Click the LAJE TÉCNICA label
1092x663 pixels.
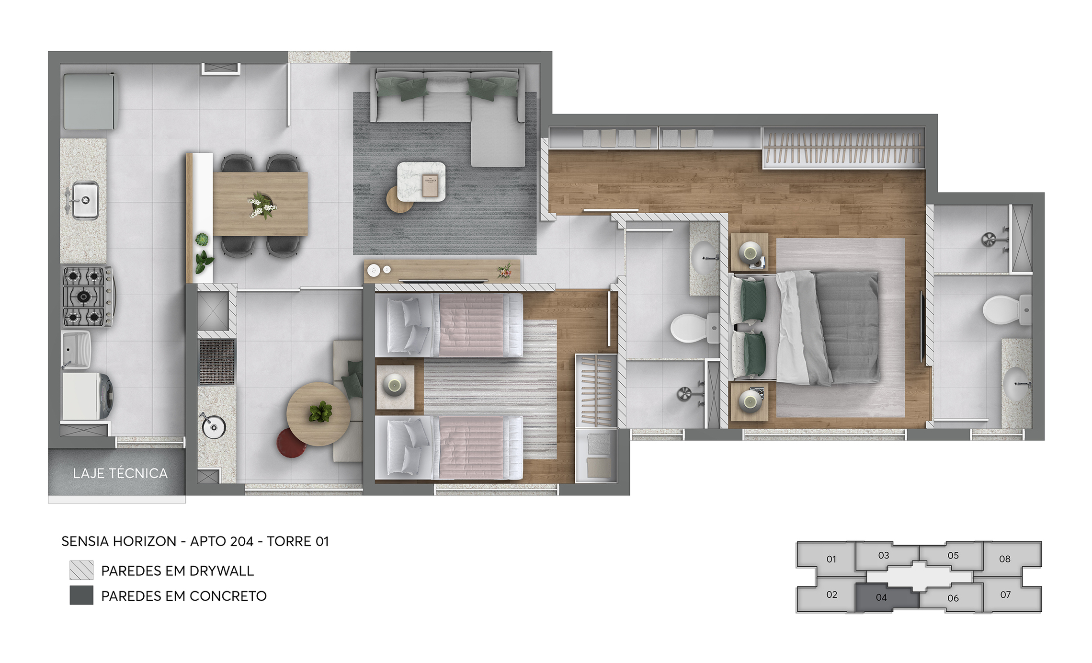point(120,473)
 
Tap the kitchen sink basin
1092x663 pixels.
point(85,200)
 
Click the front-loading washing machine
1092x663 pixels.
point(88,396)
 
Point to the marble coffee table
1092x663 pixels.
point(421,182)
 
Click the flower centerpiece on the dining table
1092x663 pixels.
point(262,205)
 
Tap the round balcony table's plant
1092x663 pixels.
point(320,412)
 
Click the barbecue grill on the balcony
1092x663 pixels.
point(217,362)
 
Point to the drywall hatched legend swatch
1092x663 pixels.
point(81,570)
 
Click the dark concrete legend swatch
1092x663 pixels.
point(81,595)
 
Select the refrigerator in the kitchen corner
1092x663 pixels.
point(89,101)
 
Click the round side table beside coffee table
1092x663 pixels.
point(399,200)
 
